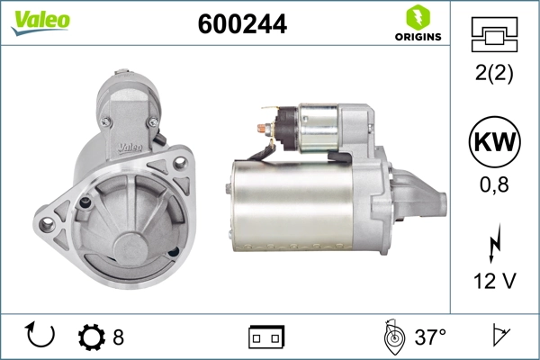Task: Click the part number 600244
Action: (242, 24)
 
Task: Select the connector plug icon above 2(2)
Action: (495, 37)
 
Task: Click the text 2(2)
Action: (495, 74)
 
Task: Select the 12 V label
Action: (495, 282)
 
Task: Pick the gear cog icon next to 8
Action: (91, 337)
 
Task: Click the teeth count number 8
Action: (118, 337)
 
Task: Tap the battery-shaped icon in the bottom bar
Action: (266, 337)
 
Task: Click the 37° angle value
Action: (430, 337)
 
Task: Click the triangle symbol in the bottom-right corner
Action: (497, 337)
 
